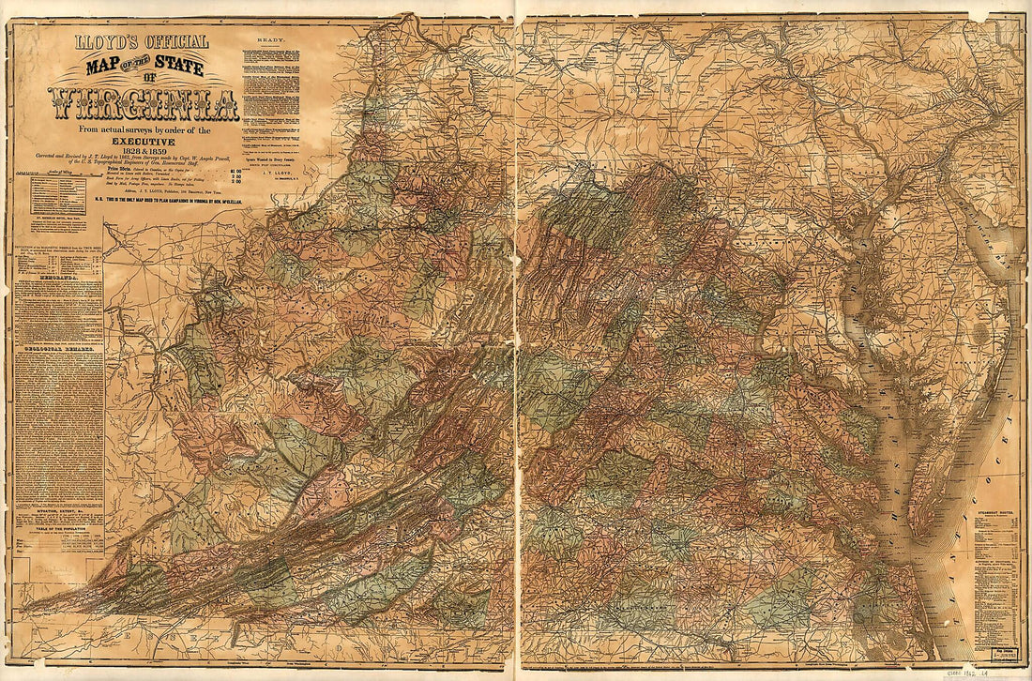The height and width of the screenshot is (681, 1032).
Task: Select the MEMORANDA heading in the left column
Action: tap(58, 279)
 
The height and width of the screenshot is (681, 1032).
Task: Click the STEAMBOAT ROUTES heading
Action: tap(995, 512)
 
